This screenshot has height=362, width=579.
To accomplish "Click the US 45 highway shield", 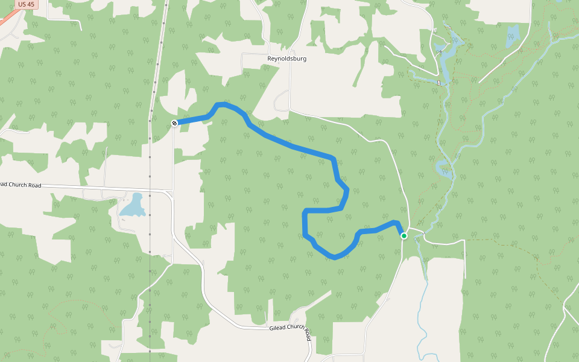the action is point(26,4).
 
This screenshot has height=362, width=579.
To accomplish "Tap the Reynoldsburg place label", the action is point(287,59).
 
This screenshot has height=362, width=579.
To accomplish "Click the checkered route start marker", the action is point(174,123).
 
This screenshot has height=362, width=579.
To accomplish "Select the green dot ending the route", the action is point(404,236).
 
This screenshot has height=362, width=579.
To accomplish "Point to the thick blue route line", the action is point(289,145).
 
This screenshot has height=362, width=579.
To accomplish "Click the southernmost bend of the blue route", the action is point(335,258).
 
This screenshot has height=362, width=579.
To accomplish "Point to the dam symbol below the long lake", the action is point(439,82).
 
